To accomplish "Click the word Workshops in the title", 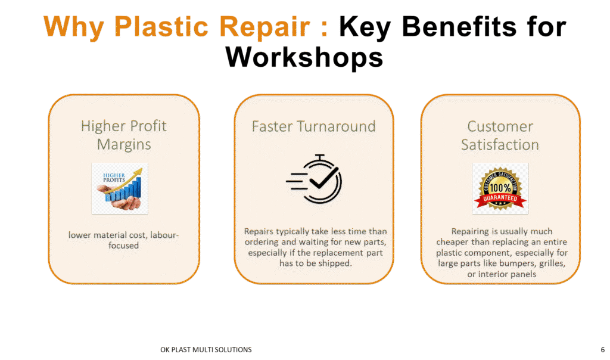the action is [304, 57].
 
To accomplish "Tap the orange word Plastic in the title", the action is [161, 26].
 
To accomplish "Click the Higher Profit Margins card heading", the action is [124, 135].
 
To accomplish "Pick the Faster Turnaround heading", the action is [313, 126].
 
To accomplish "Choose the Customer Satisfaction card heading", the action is [500, 135].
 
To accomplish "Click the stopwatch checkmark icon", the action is [315, 179].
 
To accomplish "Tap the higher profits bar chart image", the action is [120, 188].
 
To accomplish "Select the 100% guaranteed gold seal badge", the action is [500, 188].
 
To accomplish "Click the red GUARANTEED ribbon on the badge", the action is [500, 199].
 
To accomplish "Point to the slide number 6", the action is [603, 349].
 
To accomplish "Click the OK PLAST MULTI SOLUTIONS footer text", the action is [206, 349].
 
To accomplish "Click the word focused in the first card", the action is [124, 246].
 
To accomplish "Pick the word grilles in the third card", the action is [552, 263].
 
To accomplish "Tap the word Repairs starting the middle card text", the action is [259, 232].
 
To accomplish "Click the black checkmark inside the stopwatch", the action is [323, 178].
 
